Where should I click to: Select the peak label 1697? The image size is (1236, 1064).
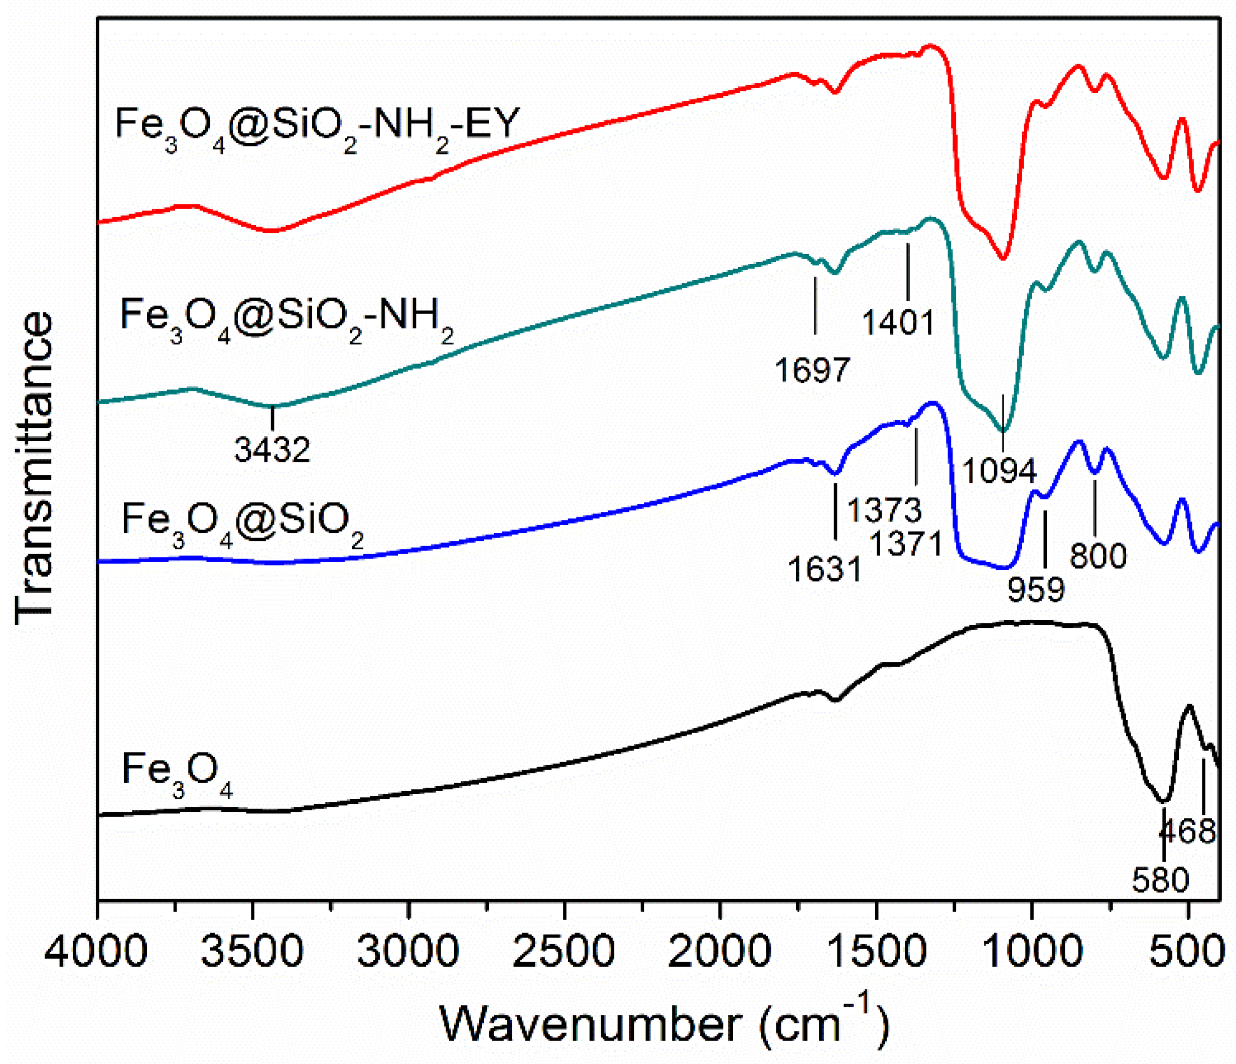812,370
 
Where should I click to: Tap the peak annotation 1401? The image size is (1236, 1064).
898,322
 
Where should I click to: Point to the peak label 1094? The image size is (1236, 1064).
1000,471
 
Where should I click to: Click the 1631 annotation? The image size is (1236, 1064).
825,569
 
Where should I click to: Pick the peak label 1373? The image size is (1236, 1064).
885,510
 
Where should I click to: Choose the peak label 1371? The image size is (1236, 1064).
907,544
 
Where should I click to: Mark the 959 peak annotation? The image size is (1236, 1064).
1036,590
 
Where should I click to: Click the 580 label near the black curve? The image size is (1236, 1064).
1160,880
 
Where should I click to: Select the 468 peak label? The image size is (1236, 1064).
1188,831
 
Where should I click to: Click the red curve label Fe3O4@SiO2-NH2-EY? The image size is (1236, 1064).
317,126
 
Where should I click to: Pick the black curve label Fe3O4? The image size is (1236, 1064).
177,771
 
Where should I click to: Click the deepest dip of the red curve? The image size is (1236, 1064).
1003,259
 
